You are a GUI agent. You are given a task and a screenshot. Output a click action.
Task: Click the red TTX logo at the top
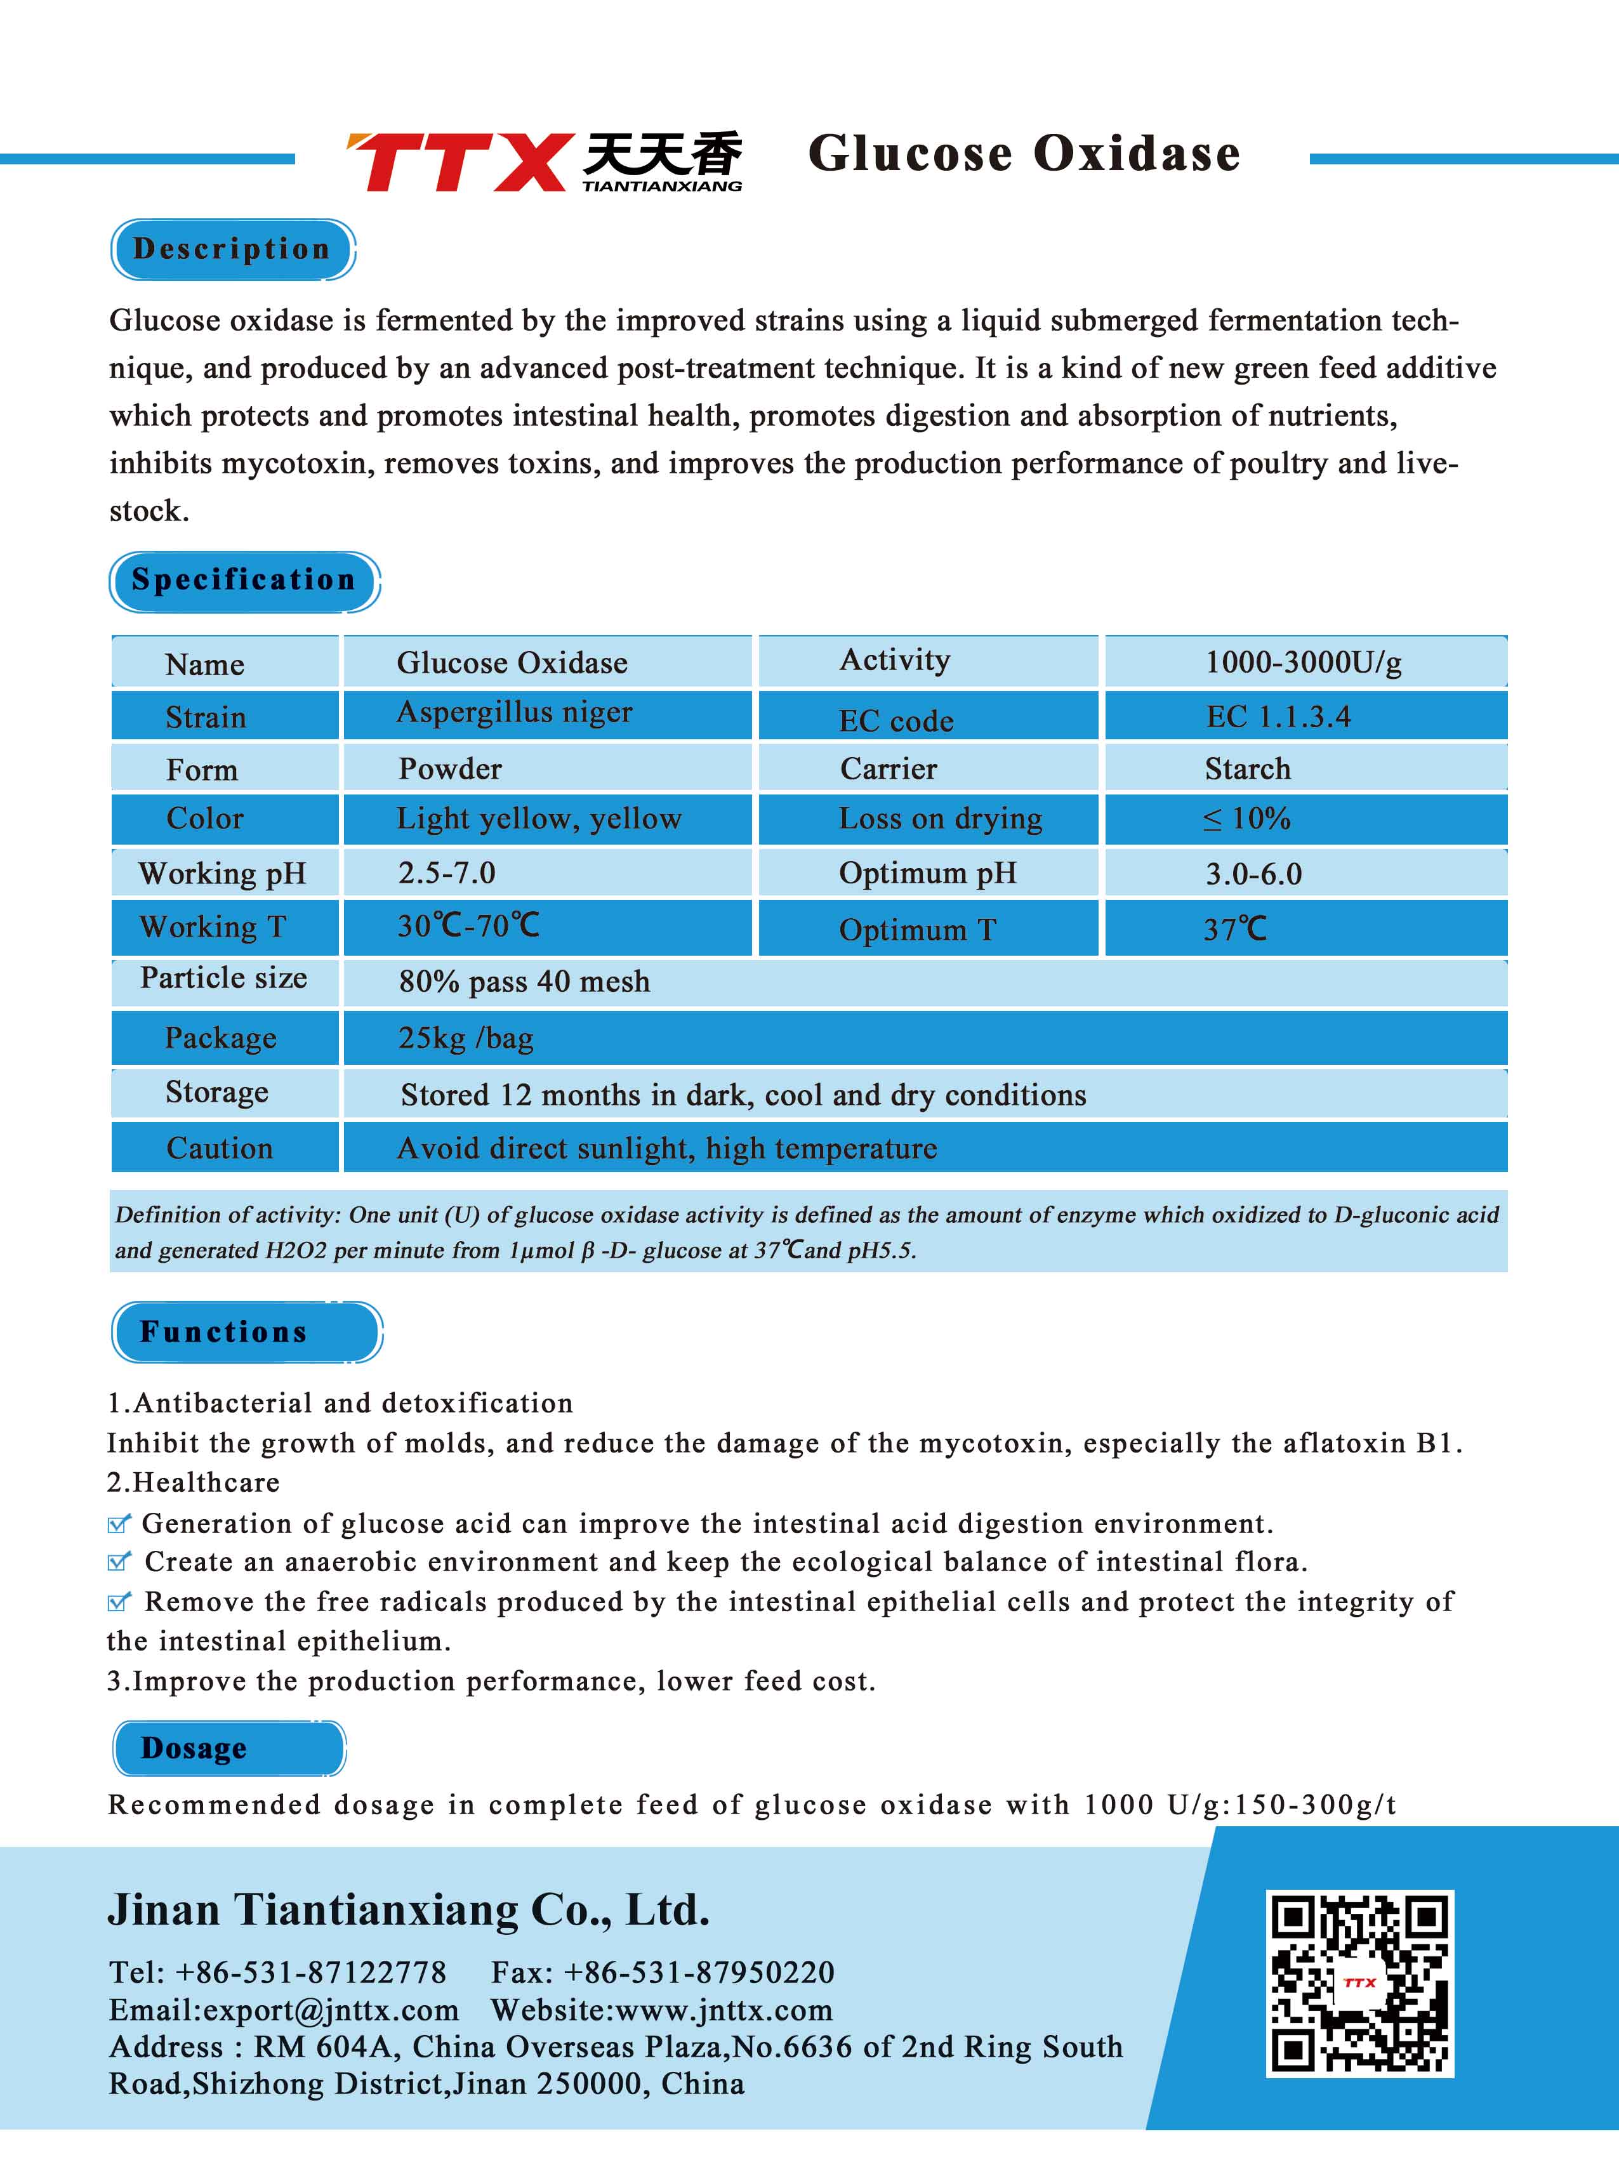tap(458, 162)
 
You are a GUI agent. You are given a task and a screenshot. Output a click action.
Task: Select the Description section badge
tap(232, 249)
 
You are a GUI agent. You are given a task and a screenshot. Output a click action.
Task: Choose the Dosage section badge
tap(228, 1748)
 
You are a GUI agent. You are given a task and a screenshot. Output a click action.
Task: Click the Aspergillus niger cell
tap(515, 713)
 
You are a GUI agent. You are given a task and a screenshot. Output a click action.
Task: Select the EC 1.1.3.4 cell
tap(1278, 717)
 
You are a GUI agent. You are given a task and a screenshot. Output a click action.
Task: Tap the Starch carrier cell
tap(1248, 769)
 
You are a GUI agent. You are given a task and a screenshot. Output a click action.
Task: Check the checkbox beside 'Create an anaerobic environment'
tap(119, 1562)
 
